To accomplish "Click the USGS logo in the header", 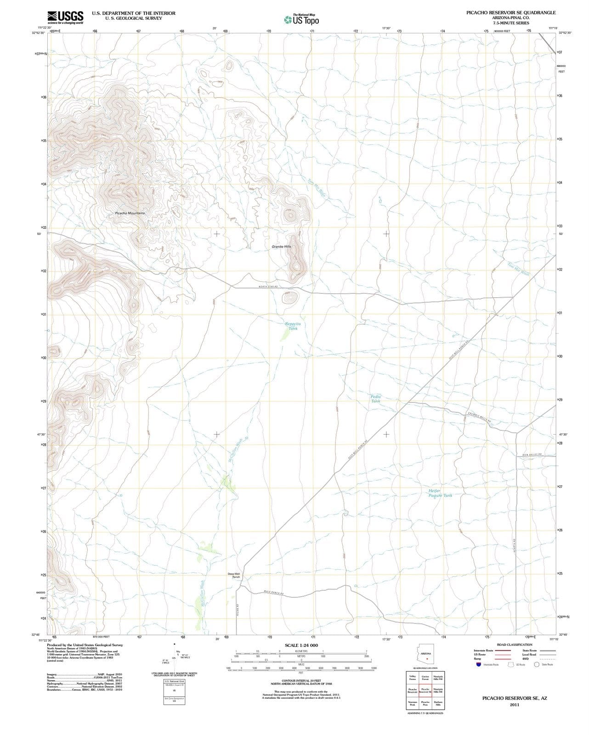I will [x=64, y=17].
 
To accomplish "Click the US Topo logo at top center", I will [x=301, y=20].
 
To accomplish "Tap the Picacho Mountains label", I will [x=130, y=213].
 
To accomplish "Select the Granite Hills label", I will [x=281, y=247].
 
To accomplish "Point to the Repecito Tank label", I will [x=293, y=326].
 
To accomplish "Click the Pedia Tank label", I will [x=375, y=399].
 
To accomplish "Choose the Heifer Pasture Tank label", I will [x=440, y=493].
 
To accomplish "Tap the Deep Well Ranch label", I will [x=234, y=576].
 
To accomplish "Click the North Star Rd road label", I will [x=269, y=287].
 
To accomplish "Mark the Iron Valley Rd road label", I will [x=532, y=455].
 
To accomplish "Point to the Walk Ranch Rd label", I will [x=274, y=593].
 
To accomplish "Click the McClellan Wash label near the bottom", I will [x=202, y=595].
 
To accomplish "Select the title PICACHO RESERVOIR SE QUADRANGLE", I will [x=510, y=13].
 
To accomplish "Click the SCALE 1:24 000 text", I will [x=301, y=645].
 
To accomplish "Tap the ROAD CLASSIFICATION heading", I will [x=514, y=645].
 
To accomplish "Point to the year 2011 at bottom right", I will [x=514, y=705].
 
